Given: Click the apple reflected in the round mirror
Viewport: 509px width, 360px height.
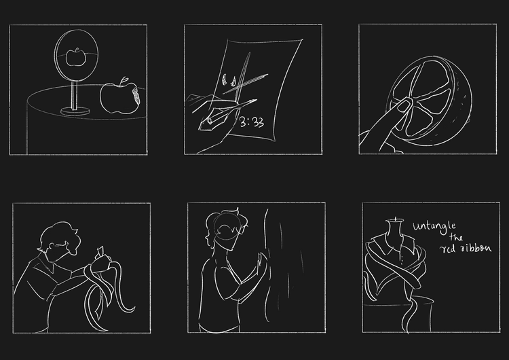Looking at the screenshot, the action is coord(76,57).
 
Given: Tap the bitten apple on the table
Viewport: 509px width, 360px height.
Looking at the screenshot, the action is coord(119,98).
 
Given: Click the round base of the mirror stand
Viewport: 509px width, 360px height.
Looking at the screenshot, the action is coord(75,111).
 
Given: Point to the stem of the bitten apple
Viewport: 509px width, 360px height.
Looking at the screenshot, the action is coord(124,81).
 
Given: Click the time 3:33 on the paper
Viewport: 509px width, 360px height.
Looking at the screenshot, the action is coord(252,122).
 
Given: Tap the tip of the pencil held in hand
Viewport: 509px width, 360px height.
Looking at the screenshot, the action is coord(255,101).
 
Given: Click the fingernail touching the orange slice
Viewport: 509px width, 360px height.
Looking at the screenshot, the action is coord(404,105).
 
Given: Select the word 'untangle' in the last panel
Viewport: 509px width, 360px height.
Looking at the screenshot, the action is coord(434,226).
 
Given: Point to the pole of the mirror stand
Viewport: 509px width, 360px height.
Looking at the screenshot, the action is coord(75,96).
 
